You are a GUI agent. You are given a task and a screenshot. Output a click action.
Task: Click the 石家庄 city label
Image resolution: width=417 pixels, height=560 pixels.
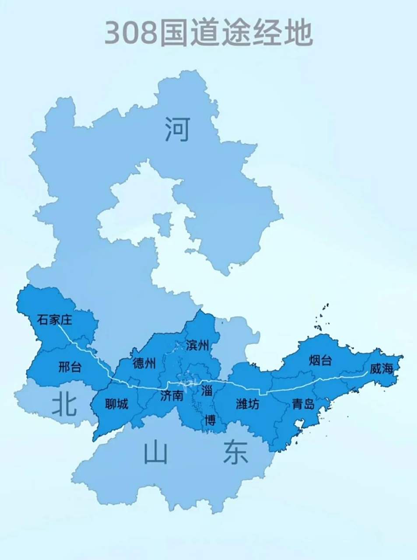coord(54,320)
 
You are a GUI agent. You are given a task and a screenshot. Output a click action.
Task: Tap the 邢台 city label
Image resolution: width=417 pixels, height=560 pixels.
coord(70,367)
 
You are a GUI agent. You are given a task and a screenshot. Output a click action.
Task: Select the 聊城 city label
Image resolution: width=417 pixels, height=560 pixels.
coord(117,404)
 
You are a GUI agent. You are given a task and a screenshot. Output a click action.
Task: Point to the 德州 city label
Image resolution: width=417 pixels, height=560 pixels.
coord(144,363)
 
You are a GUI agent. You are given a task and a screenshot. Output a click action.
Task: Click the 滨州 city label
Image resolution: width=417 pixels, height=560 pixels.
coord(197,346)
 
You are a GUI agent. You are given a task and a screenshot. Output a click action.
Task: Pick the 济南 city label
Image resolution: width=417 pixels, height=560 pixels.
coord(171,396)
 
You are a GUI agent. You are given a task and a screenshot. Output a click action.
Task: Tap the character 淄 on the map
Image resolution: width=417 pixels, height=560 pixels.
coord(207,390)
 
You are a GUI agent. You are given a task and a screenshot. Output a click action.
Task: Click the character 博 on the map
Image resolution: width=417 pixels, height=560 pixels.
coord(210,420)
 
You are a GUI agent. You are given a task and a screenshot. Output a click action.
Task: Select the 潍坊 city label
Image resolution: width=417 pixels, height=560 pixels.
coord(248,404)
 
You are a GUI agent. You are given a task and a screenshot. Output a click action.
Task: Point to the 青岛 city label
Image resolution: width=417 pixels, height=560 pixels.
coord(303,404)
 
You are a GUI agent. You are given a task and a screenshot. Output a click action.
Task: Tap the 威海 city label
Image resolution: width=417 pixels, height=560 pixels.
coord(381,369)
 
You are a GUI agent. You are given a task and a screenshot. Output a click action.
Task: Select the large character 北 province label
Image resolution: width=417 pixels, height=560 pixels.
coord(64,403)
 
